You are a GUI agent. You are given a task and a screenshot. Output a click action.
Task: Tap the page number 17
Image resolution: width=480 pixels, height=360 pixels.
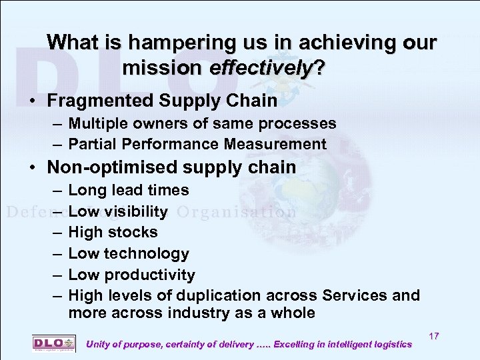pos(434,336)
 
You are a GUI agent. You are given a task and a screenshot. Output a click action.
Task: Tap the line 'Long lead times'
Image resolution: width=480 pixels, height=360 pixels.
pos(129,191)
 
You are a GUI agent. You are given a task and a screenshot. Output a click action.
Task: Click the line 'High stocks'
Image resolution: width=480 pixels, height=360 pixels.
pos(113,233)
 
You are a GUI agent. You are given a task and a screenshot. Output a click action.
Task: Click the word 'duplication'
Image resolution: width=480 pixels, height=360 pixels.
pos(216,295)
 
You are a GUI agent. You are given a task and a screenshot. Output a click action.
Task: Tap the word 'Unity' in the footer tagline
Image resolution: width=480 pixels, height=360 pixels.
pos(99,344)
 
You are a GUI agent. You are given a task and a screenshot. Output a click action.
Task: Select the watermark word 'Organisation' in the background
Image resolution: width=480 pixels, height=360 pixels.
pos(237,213)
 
